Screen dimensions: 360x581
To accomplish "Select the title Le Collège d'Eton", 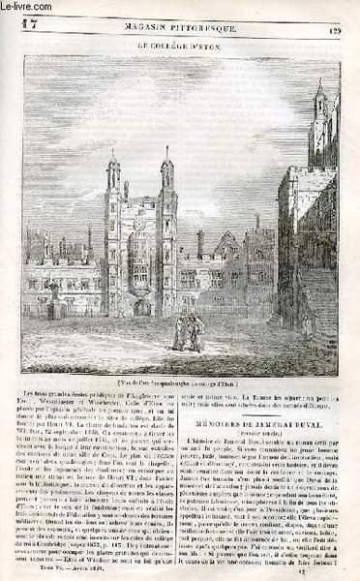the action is click(x=180, y=43).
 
